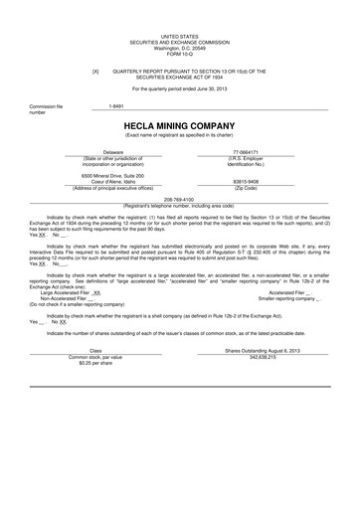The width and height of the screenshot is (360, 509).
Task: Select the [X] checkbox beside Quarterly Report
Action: tap(95, 73)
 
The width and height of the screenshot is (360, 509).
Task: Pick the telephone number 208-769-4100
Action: tap(179, 197)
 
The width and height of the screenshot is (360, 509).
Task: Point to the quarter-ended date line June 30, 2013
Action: tap(179, 88)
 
